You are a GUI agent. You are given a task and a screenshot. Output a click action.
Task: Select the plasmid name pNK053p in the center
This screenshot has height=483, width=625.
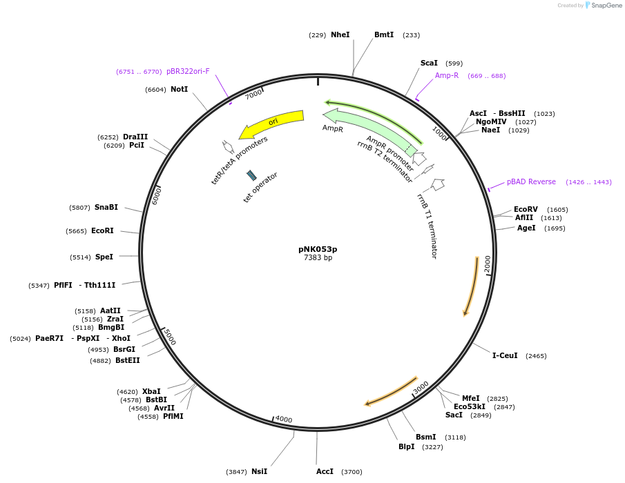tap(318, 249)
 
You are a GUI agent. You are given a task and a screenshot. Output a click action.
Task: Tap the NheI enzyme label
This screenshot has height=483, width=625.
tap(340, 34)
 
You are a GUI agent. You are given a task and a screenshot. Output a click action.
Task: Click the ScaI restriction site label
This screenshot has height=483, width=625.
tap(429, 63)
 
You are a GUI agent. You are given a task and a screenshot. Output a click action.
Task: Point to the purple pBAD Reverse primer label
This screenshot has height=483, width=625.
tap(531, 182)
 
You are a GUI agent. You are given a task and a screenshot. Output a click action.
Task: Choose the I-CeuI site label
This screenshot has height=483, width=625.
tap(505, 356)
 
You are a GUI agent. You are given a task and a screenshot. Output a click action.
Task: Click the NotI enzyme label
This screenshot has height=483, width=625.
tap(179, 89)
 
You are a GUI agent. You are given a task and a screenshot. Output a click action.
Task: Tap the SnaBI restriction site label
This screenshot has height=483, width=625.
tap(106, 207)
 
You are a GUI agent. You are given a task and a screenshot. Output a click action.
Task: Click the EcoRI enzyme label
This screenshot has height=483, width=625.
tap(102, 231)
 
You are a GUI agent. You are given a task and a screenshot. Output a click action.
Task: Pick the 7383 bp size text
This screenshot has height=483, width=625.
tap(318, 258)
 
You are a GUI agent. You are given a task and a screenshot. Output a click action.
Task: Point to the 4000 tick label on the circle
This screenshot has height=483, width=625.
tap(284, 419)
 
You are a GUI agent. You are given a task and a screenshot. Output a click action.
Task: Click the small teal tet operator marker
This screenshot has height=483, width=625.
tap(251, 175)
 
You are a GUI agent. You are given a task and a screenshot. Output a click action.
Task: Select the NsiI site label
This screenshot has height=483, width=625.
tap(259, 471)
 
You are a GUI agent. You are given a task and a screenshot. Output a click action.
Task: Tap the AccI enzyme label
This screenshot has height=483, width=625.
tap(325, 471)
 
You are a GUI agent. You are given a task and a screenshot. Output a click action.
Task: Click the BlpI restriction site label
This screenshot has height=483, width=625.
tap(407, 446)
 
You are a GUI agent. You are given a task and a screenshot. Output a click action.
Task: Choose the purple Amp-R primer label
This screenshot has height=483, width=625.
tap(447, 75)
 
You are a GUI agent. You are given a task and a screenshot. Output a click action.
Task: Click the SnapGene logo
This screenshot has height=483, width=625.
tap(602, 6)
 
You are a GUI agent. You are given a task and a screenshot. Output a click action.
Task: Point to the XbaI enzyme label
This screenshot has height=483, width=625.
tap(151, 391)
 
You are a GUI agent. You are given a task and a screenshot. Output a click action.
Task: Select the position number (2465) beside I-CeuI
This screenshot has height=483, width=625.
tap(536, 356)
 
